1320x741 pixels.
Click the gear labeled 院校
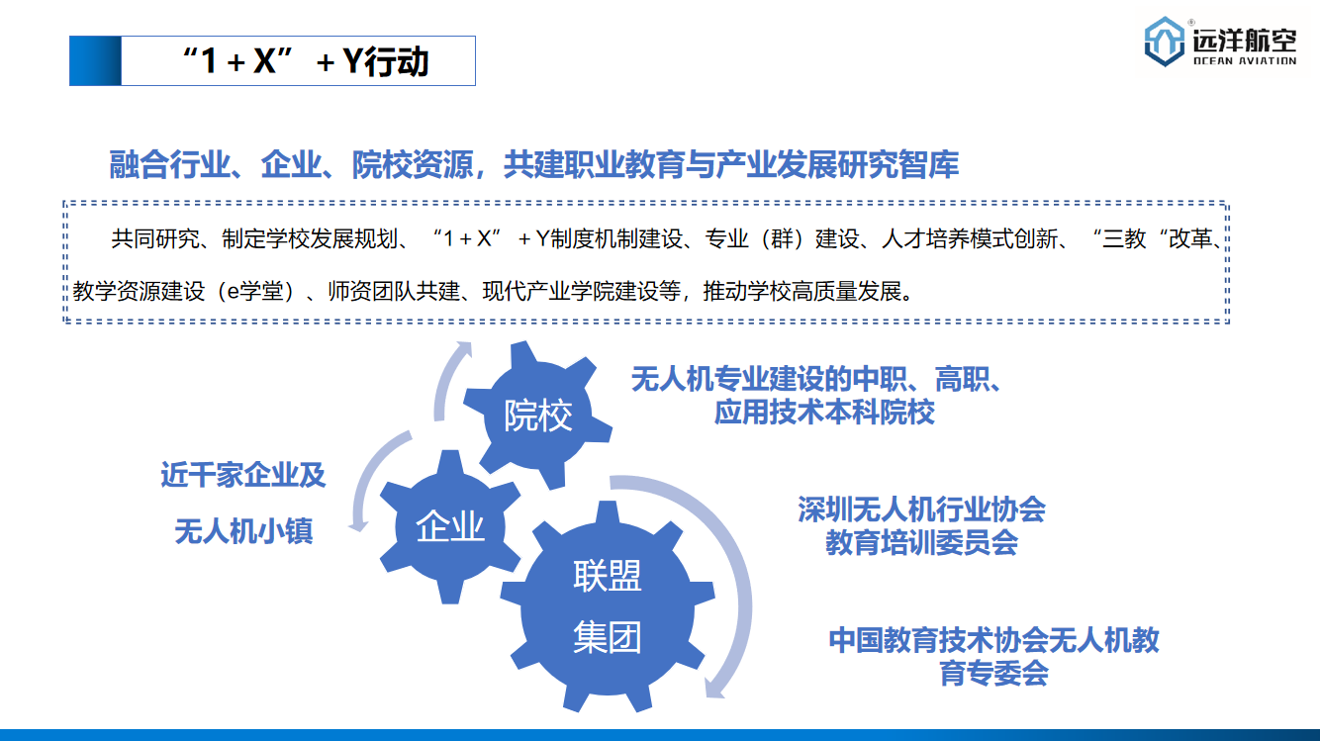click(x=537, y=415)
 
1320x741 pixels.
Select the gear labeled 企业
click(x=450, y=526)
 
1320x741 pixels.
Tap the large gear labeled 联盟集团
click(x=608, y=606)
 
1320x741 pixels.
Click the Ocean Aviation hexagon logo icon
click(x=1164, y=42)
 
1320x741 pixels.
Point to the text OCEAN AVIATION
click(x=1245, y=60)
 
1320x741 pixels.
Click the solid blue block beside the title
click(x=95, y=60)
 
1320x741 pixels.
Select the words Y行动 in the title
click(x=385, y=61)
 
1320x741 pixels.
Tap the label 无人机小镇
click(x=243, y=531)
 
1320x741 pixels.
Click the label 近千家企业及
click(x=243, y=475)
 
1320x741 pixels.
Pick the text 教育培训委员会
click(x=921, y=542)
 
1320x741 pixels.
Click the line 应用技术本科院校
click(x=824, y=412)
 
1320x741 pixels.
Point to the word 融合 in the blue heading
click(x=140, y=164)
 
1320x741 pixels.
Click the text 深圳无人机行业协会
click(x=921, y=509)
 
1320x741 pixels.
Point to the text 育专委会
click(x=994, y=674)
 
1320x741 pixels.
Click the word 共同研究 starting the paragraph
click(x=155, y=239)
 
